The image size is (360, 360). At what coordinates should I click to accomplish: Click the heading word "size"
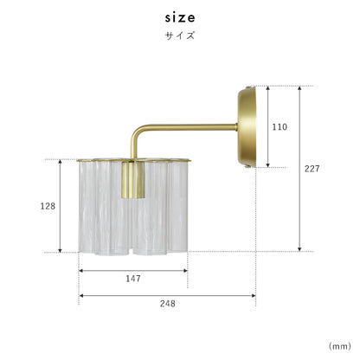180,18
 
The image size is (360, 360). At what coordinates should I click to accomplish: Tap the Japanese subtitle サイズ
180,35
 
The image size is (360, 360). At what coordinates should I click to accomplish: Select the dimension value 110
280,127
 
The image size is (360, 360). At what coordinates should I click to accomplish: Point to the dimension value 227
312,169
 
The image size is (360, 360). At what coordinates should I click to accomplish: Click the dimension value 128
48,206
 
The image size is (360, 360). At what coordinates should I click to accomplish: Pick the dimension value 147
133,279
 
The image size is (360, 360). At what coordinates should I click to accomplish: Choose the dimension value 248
168,304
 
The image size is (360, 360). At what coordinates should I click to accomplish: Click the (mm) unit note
340,346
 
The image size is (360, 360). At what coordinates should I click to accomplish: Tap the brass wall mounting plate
247,127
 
